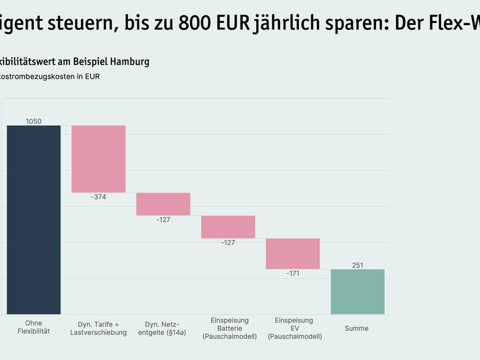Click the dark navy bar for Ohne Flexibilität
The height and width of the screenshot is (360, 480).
tap(34, 220)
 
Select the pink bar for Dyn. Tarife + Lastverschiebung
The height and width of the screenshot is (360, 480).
tap(98, 159)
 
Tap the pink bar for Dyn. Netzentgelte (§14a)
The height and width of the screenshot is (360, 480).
tap(163, 204)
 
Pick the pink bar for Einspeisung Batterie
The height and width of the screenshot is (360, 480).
tap(228, 227)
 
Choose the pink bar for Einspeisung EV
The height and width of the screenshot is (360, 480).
tap(293, 253)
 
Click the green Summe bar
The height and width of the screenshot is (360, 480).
tap(358, 292)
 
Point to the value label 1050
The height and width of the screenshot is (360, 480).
tap(34, 121)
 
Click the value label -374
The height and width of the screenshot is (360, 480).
tap(98, 197)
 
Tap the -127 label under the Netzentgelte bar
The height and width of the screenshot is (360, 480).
tap(163, 220)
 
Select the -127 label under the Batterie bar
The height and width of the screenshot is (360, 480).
tap(228, 242)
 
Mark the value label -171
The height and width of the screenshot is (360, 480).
tap(293, 273)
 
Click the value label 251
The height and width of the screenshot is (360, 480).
tap(358, 265)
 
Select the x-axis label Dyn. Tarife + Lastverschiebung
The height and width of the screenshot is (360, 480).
tap(98, 328)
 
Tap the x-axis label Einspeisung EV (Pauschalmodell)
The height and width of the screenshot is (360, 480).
tap(294, 328)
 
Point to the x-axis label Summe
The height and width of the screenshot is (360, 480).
tap(357, 328)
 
